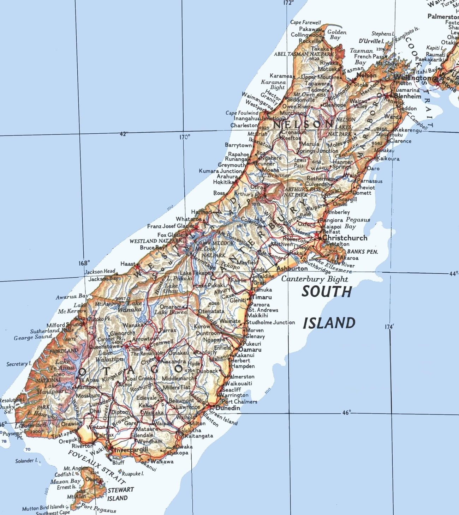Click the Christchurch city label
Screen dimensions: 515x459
[x=345, y=238]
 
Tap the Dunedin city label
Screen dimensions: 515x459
[x=228, y=408]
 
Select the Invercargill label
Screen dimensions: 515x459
[x=131, y=450]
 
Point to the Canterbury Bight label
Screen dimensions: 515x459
[x=314, y=279]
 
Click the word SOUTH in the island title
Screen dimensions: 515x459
[x=327, y=292]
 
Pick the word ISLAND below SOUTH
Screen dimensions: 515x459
[x=329, y=323]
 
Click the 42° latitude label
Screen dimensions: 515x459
[x=124, y=134]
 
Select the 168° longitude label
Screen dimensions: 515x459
[x=84, y=263]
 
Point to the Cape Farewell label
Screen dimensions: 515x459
[x=305, y=23]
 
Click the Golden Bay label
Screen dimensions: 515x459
[x=336, y=35]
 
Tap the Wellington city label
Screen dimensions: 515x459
[x=412, y=78]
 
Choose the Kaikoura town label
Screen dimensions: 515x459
[x=388, y=158]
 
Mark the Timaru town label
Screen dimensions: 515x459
[x=262, y=297]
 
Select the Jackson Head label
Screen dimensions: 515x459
[x=100, y=271]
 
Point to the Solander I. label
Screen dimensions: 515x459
[x=26, y=461]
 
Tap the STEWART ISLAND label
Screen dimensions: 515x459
[x=119, y=494]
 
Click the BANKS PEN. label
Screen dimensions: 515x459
[x=362, y=252]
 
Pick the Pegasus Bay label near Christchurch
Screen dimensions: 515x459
[x=357, y=223]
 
